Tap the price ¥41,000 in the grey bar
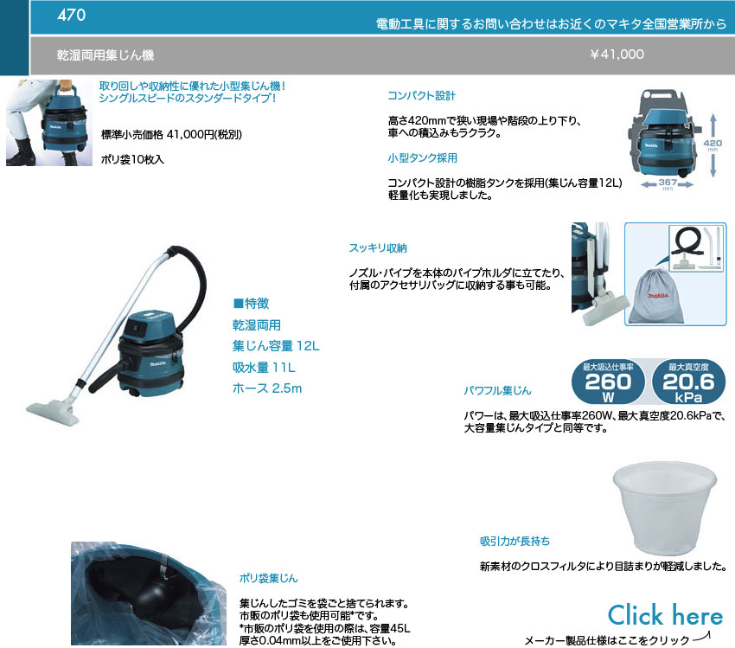(x=617, y=55)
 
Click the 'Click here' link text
(x=664, y=615)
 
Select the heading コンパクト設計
(x=421, y=96)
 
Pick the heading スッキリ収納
(x=377, y=248)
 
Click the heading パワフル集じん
(x=497, y=391)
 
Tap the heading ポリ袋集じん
(x=268, y=578)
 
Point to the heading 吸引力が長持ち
(x=514, y=542)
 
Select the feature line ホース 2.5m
(x=267, y=388)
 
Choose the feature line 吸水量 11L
(x=265, y=368)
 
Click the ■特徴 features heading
(x=251, y=304)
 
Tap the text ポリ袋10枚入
(x=132, y=160)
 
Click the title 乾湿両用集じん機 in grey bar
(x=105, y=55)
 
